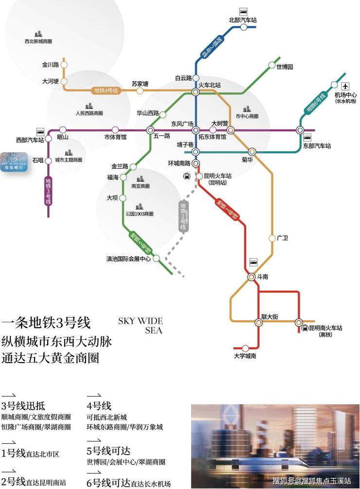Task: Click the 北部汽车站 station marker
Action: pyautogui.click(x=244, y=28)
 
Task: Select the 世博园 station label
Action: pyautogui.click(x=285, y=67)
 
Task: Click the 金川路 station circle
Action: pyautogui.click(x=63, y=64)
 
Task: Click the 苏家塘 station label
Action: pyautogui.click(x=140, y=84)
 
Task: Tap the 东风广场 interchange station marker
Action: pyautogui.click(x=196, y=130)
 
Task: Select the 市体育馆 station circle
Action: pyautogui.click(x=115, y=130)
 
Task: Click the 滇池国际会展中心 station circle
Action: pyautogui.click(x=156, y=259)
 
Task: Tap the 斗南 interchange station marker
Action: pyautogui.click(x=251, y=277)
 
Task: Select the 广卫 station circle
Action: pyautogui.click(x=272, y=238)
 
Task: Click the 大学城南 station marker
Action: pyautogui.click(x=245, y=348)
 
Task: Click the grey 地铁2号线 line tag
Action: pyautogui.click(x=183, y=216)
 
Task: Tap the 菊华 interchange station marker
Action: pyautogui.click(x=252, y=152)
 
